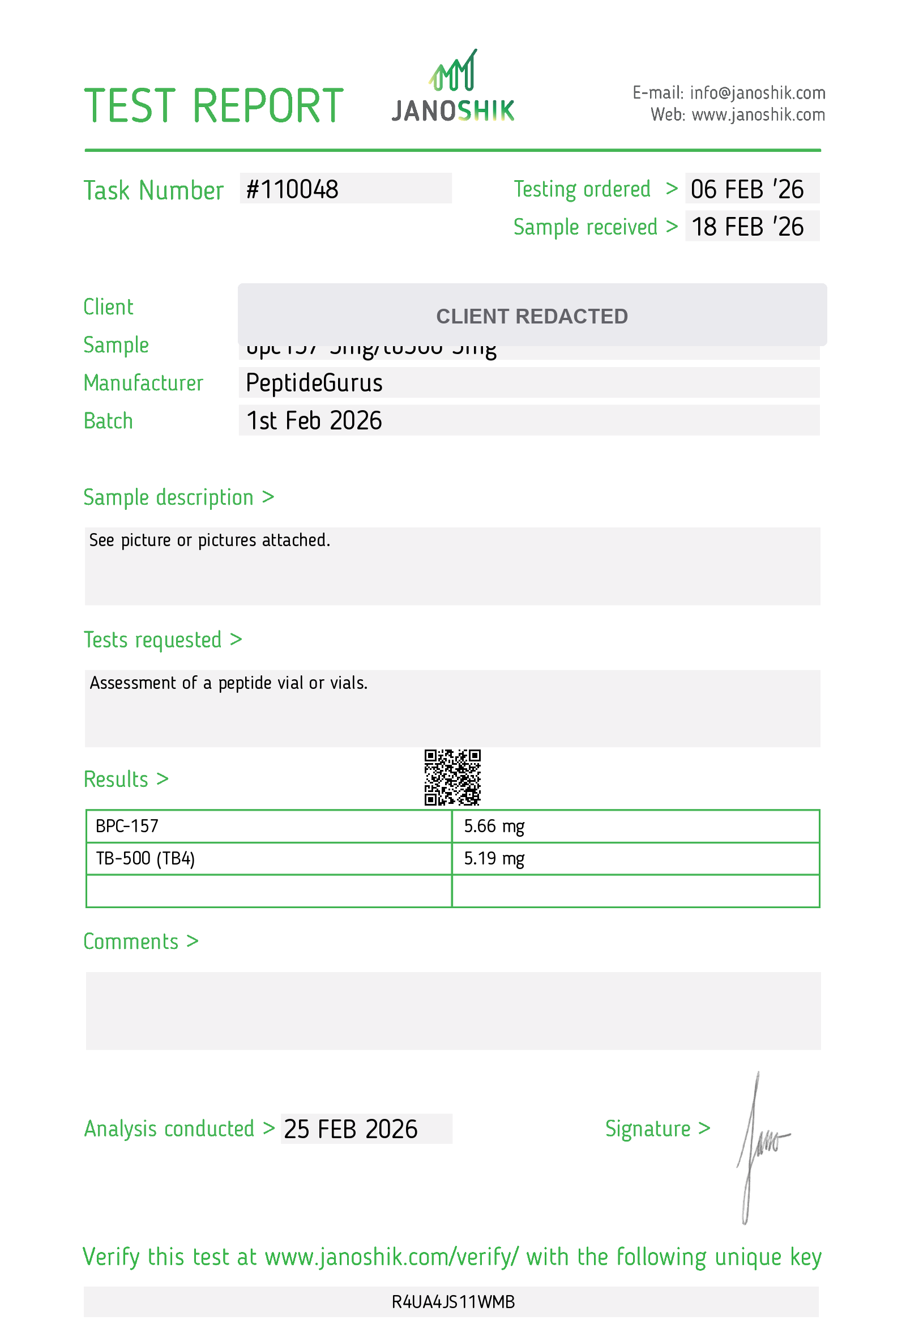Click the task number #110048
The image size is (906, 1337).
point(292,190)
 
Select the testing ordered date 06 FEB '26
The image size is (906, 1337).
point(747,190)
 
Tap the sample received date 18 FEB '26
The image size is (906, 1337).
point(747,227)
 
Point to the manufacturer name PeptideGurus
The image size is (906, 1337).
point(314,383)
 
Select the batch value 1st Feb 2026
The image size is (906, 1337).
point(314,421)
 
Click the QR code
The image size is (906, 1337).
point(452,777)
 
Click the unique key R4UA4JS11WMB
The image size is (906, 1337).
point(453,1302)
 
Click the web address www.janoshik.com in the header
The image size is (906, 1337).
point(758,115)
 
